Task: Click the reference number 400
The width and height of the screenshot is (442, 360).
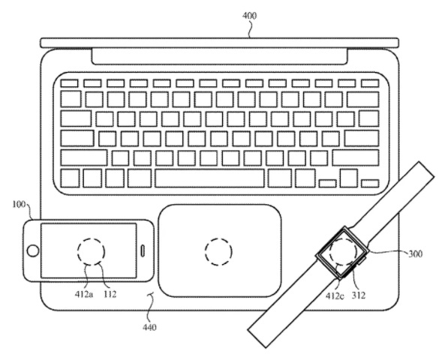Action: tap(249, 16)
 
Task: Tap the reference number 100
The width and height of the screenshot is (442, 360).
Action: tap(20, 204)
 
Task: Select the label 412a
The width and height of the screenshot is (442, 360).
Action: tap(84, 294)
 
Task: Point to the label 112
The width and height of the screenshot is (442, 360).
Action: tap(110, 294)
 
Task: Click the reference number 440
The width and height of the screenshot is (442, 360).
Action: tap(149, 327)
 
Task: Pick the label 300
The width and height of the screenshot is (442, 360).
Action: tap(416, 253)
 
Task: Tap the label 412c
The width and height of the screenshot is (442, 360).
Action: tap(335, 295)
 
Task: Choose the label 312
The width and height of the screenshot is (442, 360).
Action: tap(359, 295)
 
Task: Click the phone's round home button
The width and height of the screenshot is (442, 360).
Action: tap(33, 250)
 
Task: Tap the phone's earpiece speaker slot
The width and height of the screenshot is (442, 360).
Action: tap(143, 250)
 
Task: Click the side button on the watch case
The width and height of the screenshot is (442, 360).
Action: tap(362, 260)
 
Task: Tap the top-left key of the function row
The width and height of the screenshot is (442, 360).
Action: tap(69, 83)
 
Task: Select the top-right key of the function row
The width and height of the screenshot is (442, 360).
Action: tap(370, 83)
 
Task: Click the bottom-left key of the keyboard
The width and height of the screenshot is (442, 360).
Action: tap(70, 178)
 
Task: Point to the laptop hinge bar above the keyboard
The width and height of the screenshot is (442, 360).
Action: tap(220, 56)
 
